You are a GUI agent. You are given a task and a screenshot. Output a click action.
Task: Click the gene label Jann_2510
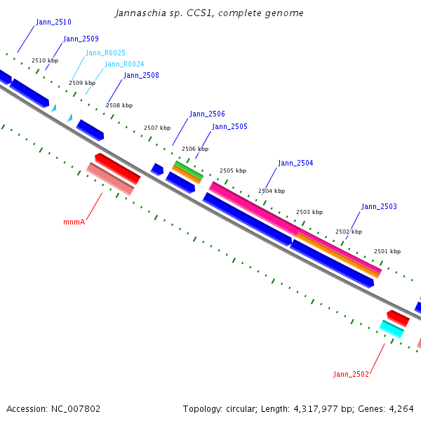pyautogui.click(x=53, y=22)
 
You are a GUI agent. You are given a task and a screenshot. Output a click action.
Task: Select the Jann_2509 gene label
pyautogui.click(x=81, y=39)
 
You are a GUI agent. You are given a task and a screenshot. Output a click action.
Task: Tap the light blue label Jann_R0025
pyautogui.click(x=105, y=53)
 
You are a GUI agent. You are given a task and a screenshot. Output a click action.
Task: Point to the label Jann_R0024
pyautogui.click(x=124, y=64)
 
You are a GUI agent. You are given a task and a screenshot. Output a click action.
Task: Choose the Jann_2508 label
pyautogui.click(x=141, y=75)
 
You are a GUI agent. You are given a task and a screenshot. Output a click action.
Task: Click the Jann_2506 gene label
pyautogui.click(x=207, y=114)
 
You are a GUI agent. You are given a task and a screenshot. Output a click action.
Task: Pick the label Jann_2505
pyautogui.click(x=229, y=126)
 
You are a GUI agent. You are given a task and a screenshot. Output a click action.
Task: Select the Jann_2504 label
pyautogui.click(x=295, y=163)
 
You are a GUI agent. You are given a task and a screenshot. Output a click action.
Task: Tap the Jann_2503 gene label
pyautogui.click(x=379, y=206)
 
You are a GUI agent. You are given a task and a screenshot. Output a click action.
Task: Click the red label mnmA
pyautogui.click(x=74, y=222)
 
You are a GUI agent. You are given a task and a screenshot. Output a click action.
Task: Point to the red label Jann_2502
pyautogui.click(x=351, y=374)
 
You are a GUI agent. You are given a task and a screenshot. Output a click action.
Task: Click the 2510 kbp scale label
pyautogui.click(x=45, y=60)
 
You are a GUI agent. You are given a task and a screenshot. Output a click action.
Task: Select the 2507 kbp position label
pyautogui.click(x=157, y=128)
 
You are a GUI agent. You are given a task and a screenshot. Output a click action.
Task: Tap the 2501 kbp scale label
pyautogui.click(x=387, y=250)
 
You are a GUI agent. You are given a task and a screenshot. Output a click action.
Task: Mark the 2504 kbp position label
pyautogui.click(x=272, y=190)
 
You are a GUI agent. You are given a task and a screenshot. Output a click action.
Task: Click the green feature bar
pyautogui.click(x=189, y=169)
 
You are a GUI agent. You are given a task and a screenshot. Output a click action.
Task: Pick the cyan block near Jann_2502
pyautogui.click(x=392, y=328)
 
